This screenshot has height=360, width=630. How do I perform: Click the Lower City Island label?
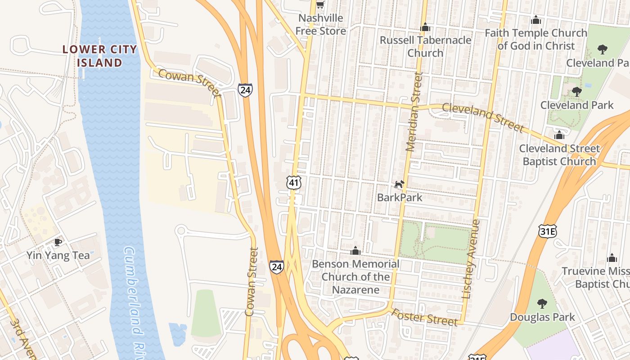click(x=99, y=56)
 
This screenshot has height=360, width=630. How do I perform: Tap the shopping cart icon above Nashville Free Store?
click(x=320, y=5)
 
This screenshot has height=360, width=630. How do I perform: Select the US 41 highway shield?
click(x=293, y=182)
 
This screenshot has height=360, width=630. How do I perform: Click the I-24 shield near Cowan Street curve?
click(x=245, y=90)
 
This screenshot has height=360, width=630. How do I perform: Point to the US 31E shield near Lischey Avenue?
click(x=548, y=231)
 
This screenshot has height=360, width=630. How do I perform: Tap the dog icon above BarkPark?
click(x=400, y=184)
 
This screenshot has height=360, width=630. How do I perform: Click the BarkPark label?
click(x=400, y=197)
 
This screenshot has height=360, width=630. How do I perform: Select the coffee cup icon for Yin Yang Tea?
click(x=58, y=243)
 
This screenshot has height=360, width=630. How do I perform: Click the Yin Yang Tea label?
click(x=58, y=256)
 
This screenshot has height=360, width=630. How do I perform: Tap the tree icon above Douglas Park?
click(x=542, y=304)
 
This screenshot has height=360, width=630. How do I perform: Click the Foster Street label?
click(x=424, y=317)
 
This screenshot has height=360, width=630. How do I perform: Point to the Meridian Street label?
click(x=414, y=112)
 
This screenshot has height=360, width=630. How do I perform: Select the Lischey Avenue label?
click(x=471, y=259)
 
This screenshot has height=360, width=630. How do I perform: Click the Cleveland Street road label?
click(x=483, y=117)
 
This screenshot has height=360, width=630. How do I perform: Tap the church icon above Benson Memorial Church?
click(x=355, y=251)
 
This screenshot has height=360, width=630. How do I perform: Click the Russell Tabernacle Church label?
click(x=425, y=46)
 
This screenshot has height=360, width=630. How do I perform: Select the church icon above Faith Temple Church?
click(x=535, y=20)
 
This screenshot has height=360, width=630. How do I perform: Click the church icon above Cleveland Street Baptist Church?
click(x=559, y=135)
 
